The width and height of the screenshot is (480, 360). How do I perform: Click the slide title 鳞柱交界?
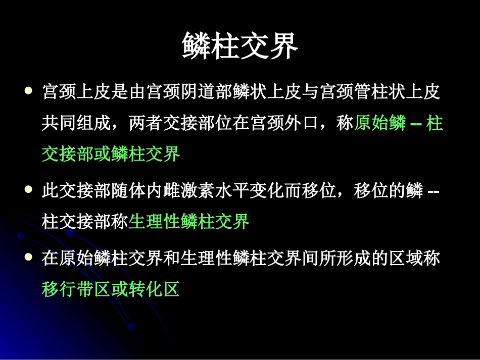(240, 46)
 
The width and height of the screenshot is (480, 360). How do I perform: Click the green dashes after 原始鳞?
(417, 124)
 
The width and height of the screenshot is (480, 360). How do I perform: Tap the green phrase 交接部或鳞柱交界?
(111, 154)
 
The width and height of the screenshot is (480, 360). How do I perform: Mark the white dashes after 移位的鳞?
(433, 192)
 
